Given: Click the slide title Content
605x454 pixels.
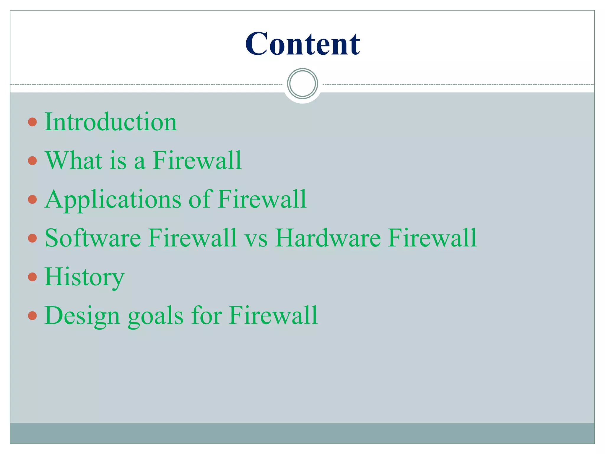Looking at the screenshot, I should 302,44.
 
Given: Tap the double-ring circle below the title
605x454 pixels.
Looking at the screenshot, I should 302,84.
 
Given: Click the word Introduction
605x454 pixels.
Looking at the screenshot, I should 110,122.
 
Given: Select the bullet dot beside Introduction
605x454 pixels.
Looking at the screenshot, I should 32,122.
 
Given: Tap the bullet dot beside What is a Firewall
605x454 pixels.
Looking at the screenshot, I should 32,161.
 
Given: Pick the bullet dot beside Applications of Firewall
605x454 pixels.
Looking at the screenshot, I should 32,200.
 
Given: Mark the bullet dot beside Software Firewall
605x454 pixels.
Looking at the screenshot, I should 32,238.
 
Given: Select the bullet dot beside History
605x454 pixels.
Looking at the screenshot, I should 32,277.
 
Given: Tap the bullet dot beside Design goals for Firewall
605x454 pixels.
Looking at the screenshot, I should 32,316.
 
